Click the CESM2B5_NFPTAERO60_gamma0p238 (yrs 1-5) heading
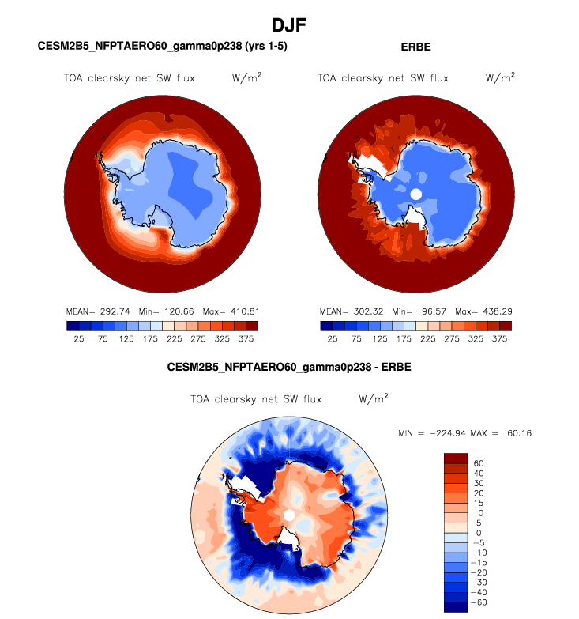coord(163,47)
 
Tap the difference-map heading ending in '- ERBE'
coord(289,368)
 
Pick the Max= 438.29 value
coord(484,311)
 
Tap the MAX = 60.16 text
coord(511,433)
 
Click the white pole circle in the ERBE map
coord(416,194)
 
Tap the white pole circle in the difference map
coord(289,515)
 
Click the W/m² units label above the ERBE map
coord(499,77)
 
